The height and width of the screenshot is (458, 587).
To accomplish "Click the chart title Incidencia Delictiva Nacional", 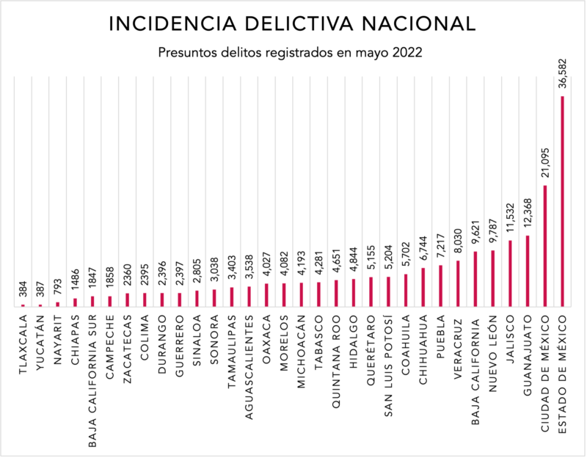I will coord(291,23).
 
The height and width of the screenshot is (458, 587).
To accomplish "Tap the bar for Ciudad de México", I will coord(545,245).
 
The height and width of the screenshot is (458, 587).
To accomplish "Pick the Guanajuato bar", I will coord(528,270).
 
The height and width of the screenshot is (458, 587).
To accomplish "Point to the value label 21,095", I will coord(545,162).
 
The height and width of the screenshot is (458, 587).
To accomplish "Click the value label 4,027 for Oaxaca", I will coord(266,266).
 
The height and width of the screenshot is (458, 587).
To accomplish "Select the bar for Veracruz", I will coord(458,283).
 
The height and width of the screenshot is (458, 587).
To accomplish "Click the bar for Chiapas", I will coord(75,302).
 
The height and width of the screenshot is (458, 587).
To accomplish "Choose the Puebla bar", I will coord(440,285).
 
